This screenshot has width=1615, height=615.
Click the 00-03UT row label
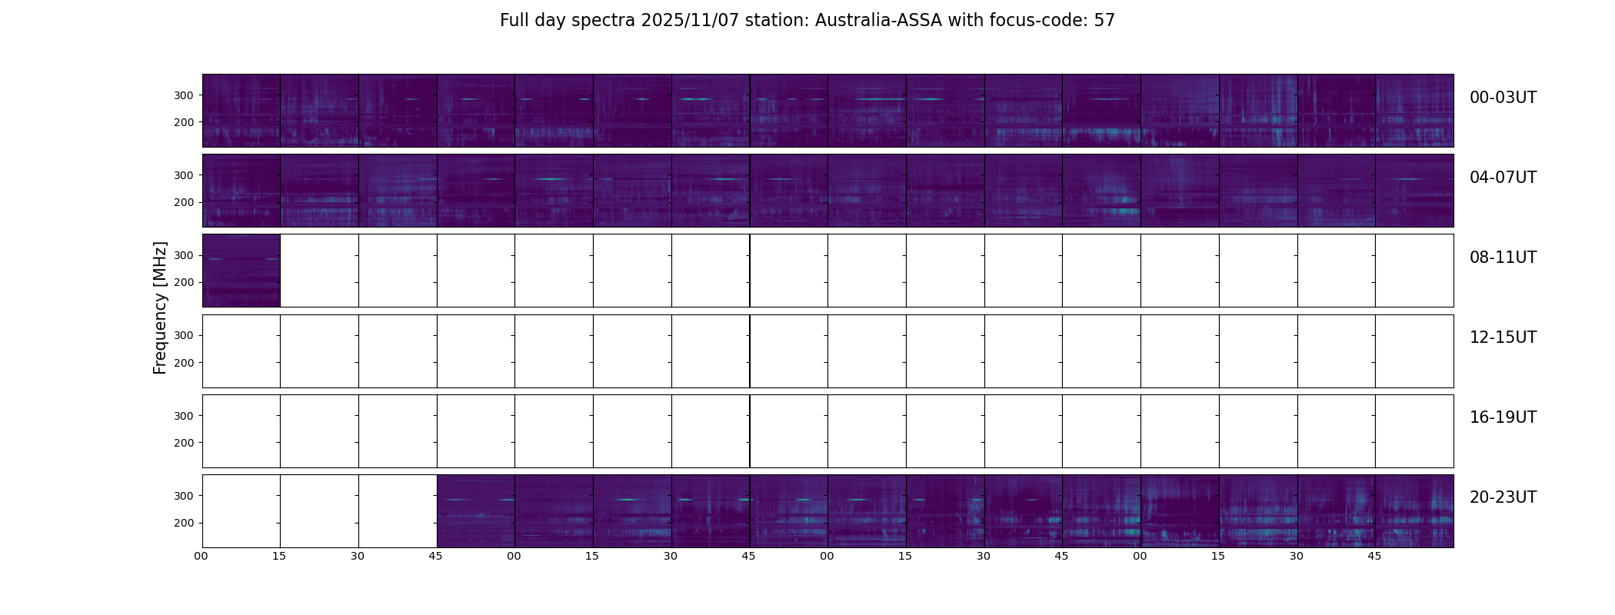click(x=1503, y=98)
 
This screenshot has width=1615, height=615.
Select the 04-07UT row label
click(x=1503, y=178)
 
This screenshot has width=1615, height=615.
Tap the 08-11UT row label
click(x=1503, y=258)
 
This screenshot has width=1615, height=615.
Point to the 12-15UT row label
click(x=1503, y=337)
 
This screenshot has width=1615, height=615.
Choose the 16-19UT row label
click(x=1503, y=417)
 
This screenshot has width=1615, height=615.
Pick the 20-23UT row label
click(x=1503, y=497)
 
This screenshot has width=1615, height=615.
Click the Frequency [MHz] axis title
click(x=160, y=307)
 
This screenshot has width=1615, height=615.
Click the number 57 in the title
click(x=1104, y=21)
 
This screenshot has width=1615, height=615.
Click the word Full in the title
click(x=513, y=21)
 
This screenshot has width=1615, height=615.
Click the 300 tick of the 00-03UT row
click(x=185, y=95)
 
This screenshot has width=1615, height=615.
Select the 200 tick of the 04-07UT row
click(x=185, y=202)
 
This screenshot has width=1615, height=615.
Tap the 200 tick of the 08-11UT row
click(x=185, y=282)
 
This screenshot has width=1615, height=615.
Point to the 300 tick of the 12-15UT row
click(x=185, y=335)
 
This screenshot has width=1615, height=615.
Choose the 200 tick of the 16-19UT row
click(x=185, y=443)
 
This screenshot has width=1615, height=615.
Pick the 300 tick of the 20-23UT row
click(x=185, y=496)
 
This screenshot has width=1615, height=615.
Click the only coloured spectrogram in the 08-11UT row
click(x=241, y=271)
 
